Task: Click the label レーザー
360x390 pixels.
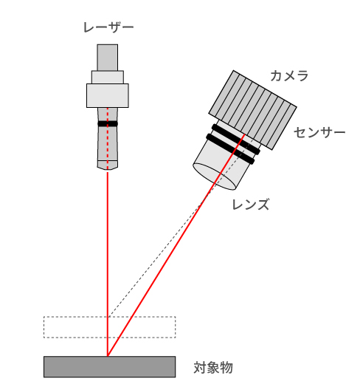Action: tap(108, 27)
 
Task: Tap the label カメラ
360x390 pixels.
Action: tap(289, 75)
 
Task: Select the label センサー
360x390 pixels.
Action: tap(319, 132)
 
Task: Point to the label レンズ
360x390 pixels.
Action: tap(250, 205)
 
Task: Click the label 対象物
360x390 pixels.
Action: tap(213, 368)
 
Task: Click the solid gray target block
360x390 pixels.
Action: tap(110, 367)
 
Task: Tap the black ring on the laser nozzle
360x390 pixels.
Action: tap(108, 123)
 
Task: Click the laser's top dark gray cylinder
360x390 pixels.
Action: tap(107, 58)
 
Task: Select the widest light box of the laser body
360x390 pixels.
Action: tap(108, 95)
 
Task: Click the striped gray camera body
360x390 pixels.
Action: tap(252, 110)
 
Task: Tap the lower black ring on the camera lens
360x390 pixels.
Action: tap(231, 149)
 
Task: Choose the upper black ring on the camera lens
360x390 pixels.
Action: tap(236, 140)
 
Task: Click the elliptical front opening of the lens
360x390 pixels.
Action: tap(215, 177)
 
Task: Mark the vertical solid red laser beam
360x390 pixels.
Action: tap(108, 264)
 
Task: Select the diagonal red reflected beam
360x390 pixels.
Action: tap(176, 245)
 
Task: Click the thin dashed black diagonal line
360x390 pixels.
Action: tap(181, 227)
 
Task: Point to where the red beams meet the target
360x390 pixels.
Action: tap(108, 356)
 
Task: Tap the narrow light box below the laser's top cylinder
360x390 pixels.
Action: tap(108, 78)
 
